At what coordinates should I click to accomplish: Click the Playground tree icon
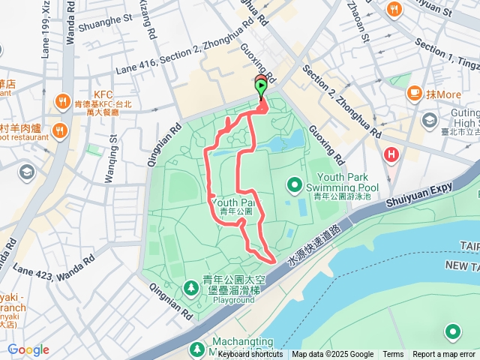[x=191, y=286]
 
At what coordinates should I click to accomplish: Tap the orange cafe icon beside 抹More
[x=414, y=94]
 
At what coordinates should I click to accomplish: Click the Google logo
[x=28, y=349]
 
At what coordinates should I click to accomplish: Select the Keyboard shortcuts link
[x=250, y=355]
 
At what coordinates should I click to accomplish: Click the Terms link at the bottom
[x=393, y=355]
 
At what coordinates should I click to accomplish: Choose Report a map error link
[x=445, y=355]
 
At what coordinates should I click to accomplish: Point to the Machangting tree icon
[x=196, y=349]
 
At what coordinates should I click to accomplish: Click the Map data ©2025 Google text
[x=332, y=355]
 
